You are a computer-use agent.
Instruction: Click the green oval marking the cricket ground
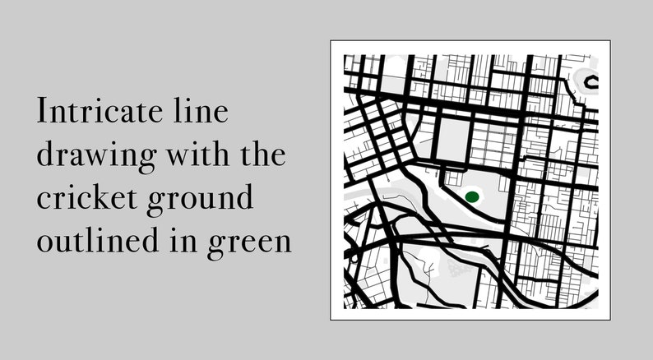472,196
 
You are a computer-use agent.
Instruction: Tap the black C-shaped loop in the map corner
590,81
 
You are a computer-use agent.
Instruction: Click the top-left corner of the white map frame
331,41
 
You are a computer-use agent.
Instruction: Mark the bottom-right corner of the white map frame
608,320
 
